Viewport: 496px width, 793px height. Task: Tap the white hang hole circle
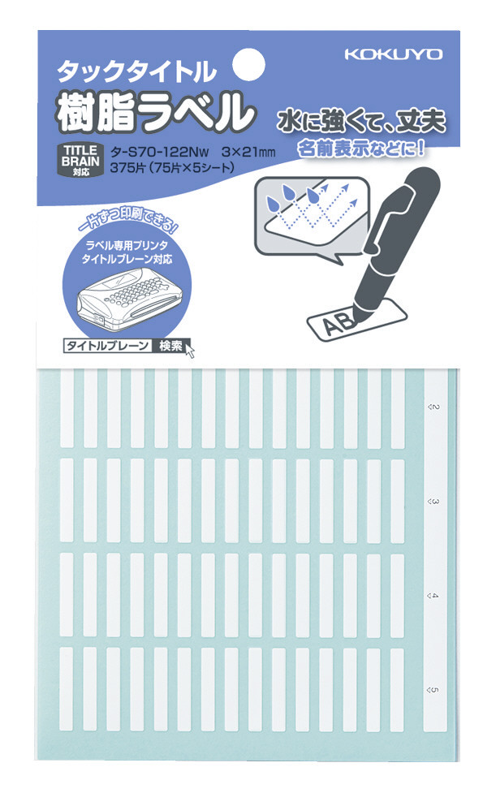coord(248,64)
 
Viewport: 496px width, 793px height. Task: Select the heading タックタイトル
coord(136,71)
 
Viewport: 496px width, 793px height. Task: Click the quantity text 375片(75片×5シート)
coord(171,168)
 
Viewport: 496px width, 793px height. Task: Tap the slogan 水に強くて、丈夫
coord(361,122)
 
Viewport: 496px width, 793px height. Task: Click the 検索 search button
coord(170,346)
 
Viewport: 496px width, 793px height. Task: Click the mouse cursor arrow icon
coord(190,350)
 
